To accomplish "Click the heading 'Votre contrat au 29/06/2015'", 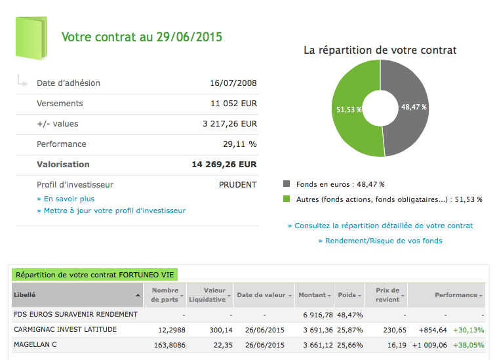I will click(142, 37).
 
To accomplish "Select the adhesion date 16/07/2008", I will click(233, 83).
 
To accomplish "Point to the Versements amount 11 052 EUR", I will click(233, 104).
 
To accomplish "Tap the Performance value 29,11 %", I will click(240, 144).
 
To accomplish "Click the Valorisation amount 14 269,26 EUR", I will click(224, 165).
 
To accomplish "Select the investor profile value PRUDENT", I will click(237, 185).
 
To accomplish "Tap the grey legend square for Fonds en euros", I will click(287, 185).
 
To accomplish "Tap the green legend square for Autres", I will click(287, 199).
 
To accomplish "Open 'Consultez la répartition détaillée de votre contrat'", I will click(380, 226).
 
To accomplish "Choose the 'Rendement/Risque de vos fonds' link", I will click(380, 241).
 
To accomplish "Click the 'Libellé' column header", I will click(25, 295).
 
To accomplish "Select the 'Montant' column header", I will click(312, 295).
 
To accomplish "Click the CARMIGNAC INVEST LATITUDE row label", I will click(65, 329).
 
